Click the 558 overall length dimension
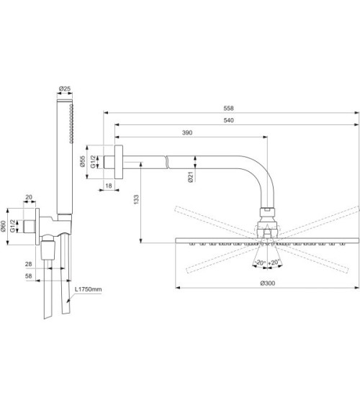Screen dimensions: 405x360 [230, 109]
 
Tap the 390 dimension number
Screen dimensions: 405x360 [186, 132]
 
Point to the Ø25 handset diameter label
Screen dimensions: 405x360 [64, 90]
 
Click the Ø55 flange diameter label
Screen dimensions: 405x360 [84, 162]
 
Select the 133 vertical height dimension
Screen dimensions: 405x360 [136, 199]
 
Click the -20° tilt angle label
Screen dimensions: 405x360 [258, 263]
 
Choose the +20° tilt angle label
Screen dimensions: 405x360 [274, 263]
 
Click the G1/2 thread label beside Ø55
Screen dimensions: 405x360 [94, 162]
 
